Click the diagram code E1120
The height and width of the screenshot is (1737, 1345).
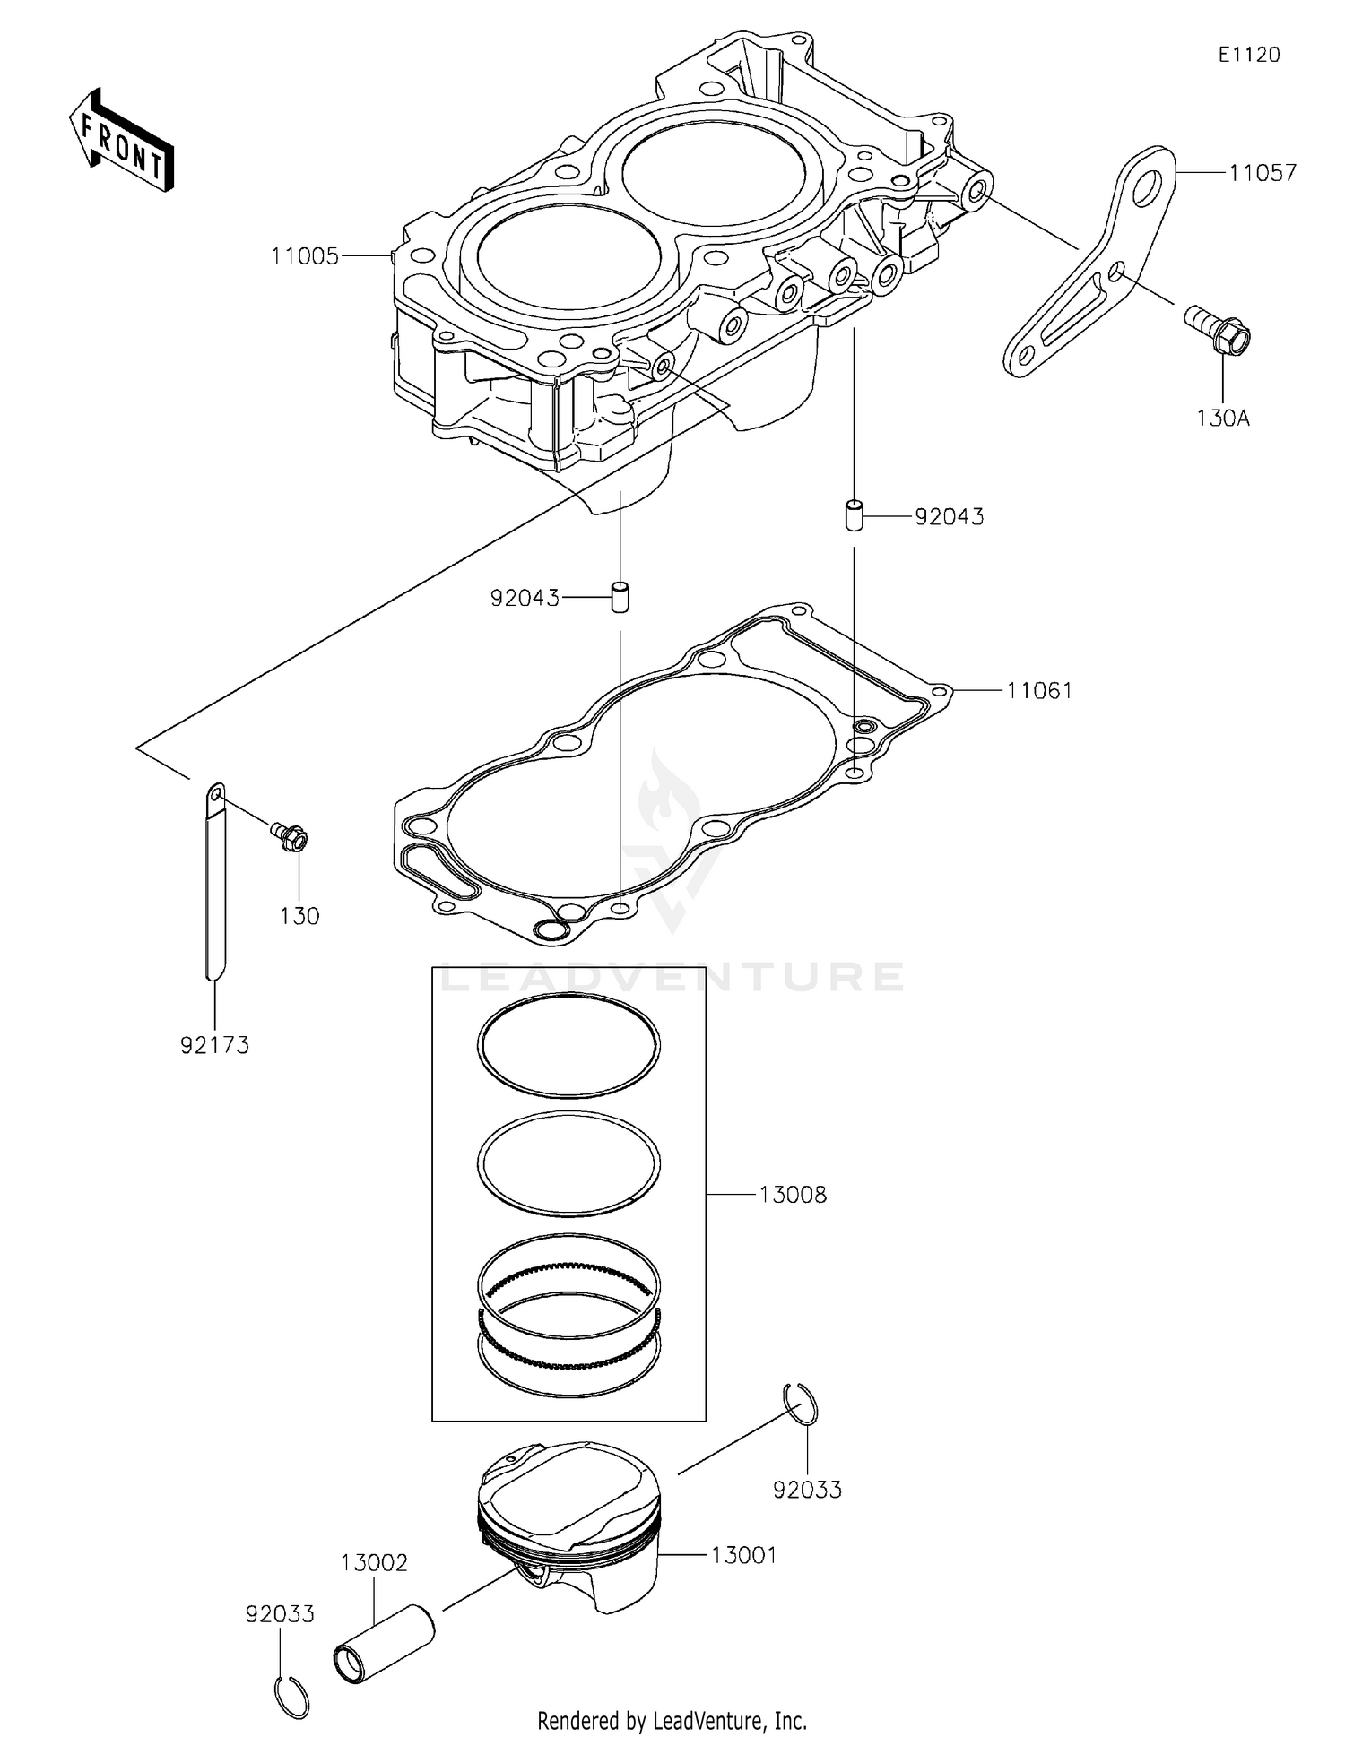(1248, 55)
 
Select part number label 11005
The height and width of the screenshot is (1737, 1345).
(305, 257)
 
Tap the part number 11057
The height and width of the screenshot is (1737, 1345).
(1263, 173)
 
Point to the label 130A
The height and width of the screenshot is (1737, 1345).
(1223, 418)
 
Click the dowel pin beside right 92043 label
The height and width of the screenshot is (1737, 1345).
(853, 516)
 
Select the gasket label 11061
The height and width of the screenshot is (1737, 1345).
(1039, 691)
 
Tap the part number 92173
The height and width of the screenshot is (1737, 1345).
(214, 1045)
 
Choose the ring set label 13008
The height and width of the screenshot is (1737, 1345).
(793, 1195)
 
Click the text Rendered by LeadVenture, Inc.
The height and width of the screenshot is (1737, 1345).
(672, 1721)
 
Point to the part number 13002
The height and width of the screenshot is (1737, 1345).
(374, 1563)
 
